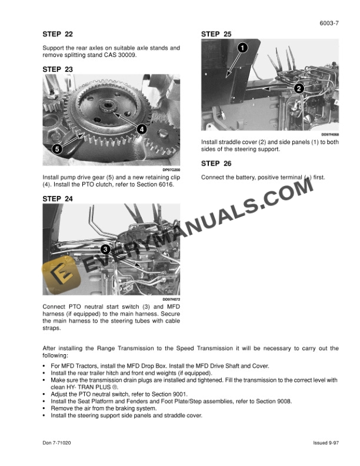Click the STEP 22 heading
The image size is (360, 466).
coord(58,35)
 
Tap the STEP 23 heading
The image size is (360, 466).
coord(58,69)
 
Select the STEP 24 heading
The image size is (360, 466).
coord(58,199)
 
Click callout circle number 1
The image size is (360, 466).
coord(242,48)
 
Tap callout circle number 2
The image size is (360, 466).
coord(298,88)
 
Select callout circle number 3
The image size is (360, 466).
coord(105,249)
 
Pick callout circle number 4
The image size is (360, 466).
coord(141,129)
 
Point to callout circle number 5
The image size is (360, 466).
coord(57,149)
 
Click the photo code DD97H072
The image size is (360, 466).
coord(171,299)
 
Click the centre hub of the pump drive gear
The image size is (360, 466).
coord(108,106)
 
